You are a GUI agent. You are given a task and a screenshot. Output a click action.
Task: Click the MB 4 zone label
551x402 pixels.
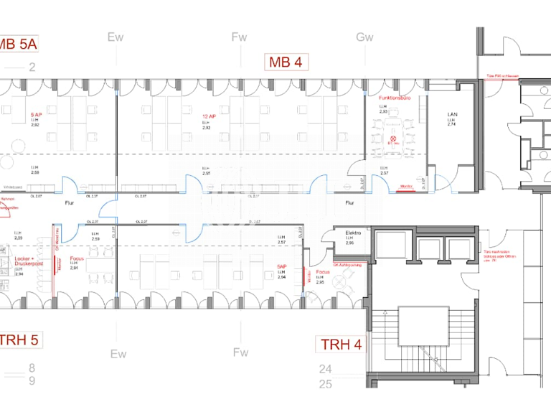(286, 62)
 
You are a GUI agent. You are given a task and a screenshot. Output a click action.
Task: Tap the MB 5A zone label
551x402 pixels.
(18, 45)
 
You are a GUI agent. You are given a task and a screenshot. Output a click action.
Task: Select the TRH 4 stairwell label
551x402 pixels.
(342, 344)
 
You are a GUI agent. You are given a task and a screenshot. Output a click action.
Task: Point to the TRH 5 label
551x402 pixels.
(19, 340)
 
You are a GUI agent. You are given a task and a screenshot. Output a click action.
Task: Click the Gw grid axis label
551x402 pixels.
(364, 37)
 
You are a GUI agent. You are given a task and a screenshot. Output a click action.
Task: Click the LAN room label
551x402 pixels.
(452, 114)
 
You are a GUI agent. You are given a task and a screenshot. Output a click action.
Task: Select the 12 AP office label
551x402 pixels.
(208, 115)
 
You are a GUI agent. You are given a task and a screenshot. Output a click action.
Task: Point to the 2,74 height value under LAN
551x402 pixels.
(452, 124)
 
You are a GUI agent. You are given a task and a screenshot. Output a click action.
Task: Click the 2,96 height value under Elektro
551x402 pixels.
(349, 244)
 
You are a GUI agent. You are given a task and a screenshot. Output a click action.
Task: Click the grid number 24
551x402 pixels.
(326, 370)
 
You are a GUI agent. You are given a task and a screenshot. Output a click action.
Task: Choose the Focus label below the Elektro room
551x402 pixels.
(323, 272)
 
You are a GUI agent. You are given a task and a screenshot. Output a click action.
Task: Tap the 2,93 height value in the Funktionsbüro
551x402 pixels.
(384, 113)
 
